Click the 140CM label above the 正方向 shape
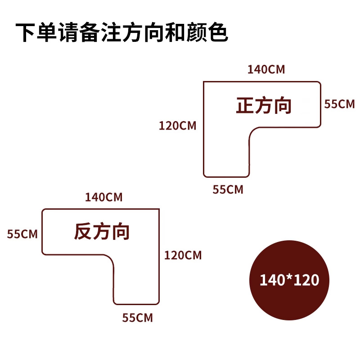[x=266, y=69]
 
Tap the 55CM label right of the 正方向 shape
[x=340, y=104]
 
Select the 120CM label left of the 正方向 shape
[x=177, y=126]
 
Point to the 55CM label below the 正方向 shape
[x=228, y=189]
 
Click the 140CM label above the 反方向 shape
[x=103, y=197]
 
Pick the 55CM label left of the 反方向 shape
[x=22, y=234]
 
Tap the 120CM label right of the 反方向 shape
[x=183, y=256]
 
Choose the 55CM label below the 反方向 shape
[x=138, y=318]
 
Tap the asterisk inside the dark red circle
[x=289, y=279]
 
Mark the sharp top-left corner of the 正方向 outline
[x=204, y=82]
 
